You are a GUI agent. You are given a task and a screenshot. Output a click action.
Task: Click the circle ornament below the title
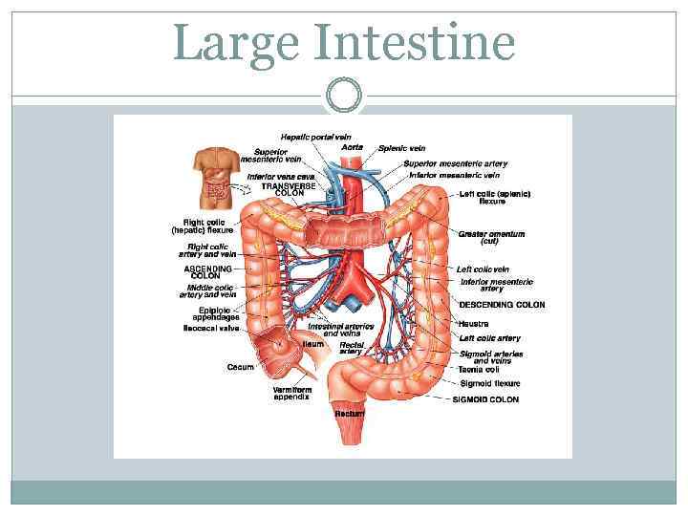coord(344,95)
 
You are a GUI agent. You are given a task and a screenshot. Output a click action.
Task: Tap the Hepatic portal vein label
coord(316,137)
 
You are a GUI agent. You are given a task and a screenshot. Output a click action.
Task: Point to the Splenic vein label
coord(401,148)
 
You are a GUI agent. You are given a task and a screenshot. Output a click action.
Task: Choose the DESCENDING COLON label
coord(502,305)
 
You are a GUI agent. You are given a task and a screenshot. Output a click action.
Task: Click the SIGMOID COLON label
coord(485,399)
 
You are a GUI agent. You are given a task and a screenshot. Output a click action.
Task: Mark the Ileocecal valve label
coord(211,327)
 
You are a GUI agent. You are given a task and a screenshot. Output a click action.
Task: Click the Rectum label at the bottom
coord(349,413)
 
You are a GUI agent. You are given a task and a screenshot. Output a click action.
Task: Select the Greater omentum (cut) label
coord(491,237)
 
